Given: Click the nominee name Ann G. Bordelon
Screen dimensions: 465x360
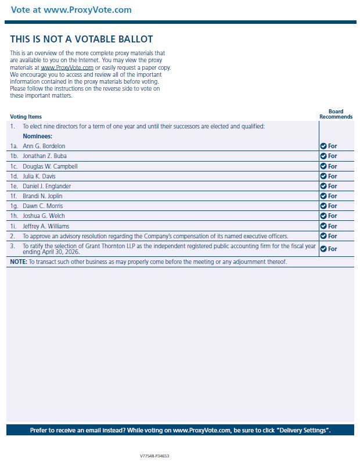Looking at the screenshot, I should point(44,146).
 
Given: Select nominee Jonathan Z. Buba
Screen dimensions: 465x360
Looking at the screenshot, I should point(45,156).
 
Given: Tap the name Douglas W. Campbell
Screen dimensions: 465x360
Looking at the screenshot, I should point(49,166).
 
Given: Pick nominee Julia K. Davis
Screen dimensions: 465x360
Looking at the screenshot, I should point(39,176).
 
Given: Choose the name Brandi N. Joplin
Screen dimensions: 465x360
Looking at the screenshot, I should point(42,196).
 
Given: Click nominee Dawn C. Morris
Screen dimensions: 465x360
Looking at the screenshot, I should point(43,206).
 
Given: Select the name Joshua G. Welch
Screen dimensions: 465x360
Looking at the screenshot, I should point(43,216).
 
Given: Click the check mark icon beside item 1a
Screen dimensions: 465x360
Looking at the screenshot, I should point(323,146).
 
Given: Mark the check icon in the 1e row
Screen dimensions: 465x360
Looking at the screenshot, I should point(323,186).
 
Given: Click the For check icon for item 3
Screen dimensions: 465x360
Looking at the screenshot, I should point(323,249).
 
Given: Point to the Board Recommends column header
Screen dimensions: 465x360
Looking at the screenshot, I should point(336,114).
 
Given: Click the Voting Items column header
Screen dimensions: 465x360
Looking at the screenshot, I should point(26,117).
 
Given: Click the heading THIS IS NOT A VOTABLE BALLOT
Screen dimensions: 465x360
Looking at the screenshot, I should point(81,40).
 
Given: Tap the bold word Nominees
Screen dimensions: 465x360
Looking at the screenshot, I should point(37,136).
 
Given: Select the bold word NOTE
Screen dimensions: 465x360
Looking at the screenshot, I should point(19,262).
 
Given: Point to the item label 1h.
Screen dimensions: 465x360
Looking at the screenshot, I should point(14,216).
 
